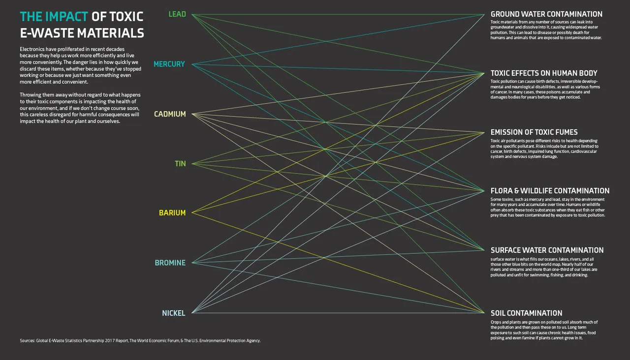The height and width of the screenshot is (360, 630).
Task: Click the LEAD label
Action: [x=177, y=14]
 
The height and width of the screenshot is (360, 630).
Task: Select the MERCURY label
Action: [x=169, y=64]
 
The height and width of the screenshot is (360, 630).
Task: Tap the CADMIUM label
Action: [x=170, y=114]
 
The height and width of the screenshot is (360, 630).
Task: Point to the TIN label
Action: [x=181, y=164]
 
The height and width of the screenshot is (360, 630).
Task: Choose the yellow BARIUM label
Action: [x=172, y=213]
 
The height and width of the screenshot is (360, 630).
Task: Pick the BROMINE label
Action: [x=170, y=263]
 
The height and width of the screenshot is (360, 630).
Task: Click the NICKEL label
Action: [x=174, y=313]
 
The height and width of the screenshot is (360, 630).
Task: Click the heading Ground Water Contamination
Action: [x=546, y=14]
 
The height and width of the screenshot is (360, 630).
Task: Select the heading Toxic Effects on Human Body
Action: [x=544, y=73]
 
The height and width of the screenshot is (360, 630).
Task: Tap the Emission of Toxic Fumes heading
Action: [x=534, y=132]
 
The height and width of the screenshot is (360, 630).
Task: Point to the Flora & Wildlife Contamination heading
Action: [x=550, y=191]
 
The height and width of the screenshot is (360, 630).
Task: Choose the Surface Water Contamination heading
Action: [x=547, y=250]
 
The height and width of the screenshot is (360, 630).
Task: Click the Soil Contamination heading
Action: [x=526, y=313]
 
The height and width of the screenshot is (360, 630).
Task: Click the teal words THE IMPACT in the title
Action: [x=54, y=17]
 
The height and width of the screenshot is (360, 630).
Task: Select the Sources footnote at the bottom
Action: [x=140, y=340]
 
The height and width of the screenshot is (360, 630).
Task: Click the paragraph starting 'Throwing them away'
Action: [x=80, y=108]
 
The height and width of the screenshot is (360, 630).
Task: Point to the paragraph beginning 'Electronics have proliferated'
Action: [x=80, y=65]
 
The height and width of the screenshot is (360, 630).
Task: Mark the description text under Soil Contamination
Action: [x=544, y=330]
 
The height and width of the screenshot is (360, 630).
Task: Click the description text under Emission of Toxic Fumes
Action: [x=544, y=149]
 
